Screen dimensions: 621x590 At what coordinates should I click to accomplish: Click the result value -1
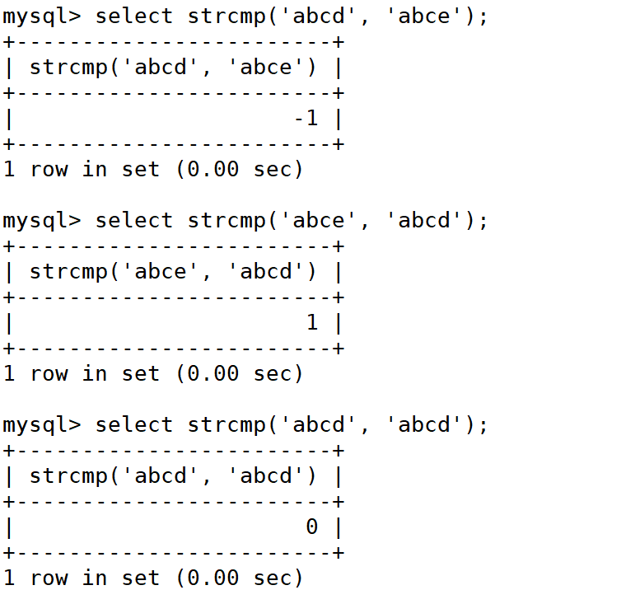tap(306, 119)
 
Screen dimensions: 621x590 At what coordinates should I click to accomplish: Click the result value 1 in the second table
tap(312, 323)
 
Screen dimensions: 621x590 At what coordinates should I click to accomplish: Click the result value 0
tap(312, 527)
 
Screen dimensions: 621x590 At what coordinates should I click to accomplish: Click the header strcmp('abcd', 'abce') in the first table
tap(173, 68)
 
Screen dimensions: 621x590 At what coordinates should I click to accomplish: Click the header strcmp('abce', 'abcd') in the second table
tap(173, 272)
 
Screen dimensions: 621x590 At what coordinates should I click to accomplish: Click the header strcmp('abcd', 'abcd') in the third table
tap(173, 476)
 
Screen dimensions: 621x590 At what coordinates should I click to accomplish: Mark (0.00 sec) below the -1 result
tap(239, 170)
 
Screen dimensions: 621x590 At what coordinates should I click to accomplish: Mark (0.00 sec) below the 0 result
tap(239, 578)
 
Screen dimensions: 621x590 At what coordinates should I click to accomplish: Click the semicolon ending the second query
tap(483, 221)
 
